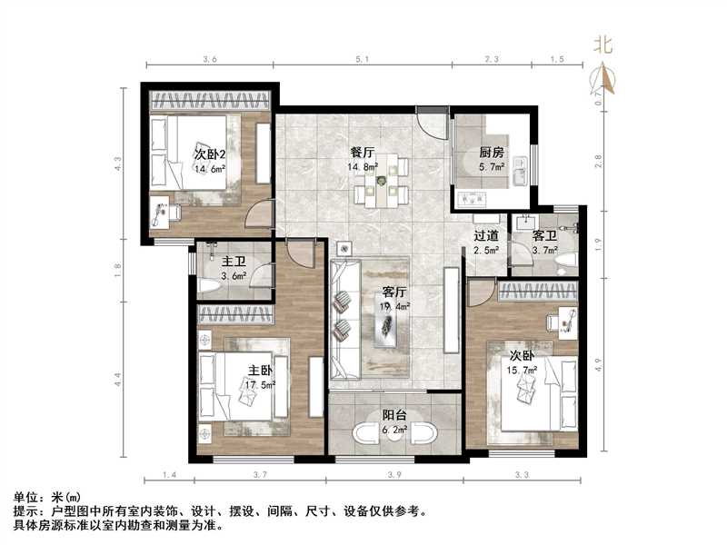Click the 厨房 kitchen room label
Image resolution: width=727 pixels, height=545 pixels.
coord(492,153)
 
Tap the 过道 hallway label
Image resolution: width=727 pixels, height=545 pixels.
coord(486,236)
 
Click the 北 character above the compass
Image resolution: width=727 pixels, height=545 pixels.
coord(603,44)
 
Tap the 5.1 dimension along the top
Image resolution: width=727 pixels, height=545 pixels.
coord(362,59)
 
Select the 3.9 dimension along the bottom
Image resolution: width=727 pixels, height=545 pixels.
coord(395,475)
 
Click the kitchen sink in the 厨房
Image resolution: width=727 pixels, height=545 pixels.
coord(519,171)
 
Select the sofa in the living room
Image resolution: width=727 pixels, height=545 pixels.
coord(345,318)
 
